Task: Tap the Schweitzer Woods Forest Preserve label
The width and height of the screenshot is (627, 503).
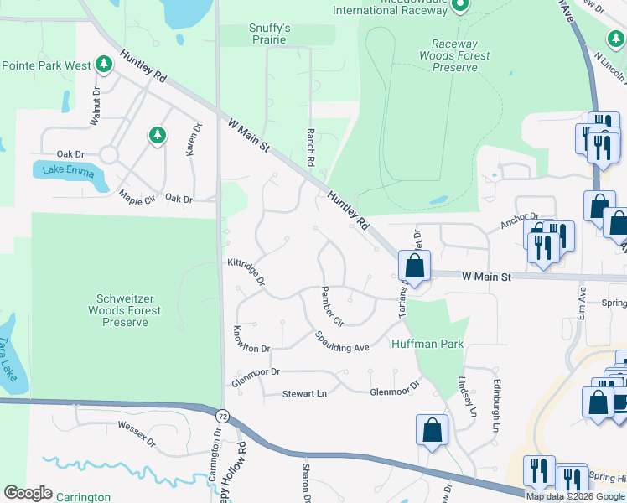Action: pyautogui.click(x=127, y=310)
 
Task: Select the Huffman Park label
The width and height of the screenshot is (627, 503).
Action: pyautogui.click(x=427, y=344)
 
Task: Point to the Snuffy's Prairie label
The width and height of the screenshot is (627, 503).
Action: pyautogui.click(x=269, y=34)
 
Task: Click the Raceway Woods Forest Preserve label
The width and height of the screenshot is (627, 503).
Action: pyautogui.click(x=455, y=55)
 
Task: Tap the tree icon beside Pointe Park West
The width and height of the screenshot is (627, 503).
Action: pyautogui.click(x=103, y=64)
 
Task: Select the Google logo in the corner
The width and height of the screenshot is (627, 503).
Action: pyautogui.click(x=28, y=493)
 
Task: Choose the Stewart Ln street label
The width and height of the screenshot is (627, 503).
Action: pyautogui.click(x=303, y=392)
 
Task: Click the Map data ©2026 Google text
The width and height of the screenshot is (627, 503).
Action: pyautogui.click(x=574, y=496)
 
